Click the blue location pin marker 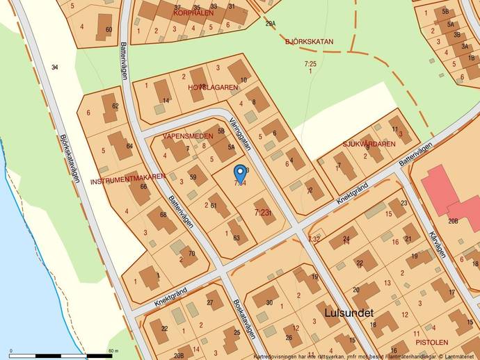240,172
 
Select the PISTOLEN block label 431,342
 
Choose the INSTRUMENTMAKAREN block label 127,181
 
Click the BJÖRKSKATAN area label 309,42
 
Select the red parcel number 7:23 262,213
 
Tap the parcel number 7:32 314,239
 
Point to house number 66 143,186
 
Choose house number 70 192,254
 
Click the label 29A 271,24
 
